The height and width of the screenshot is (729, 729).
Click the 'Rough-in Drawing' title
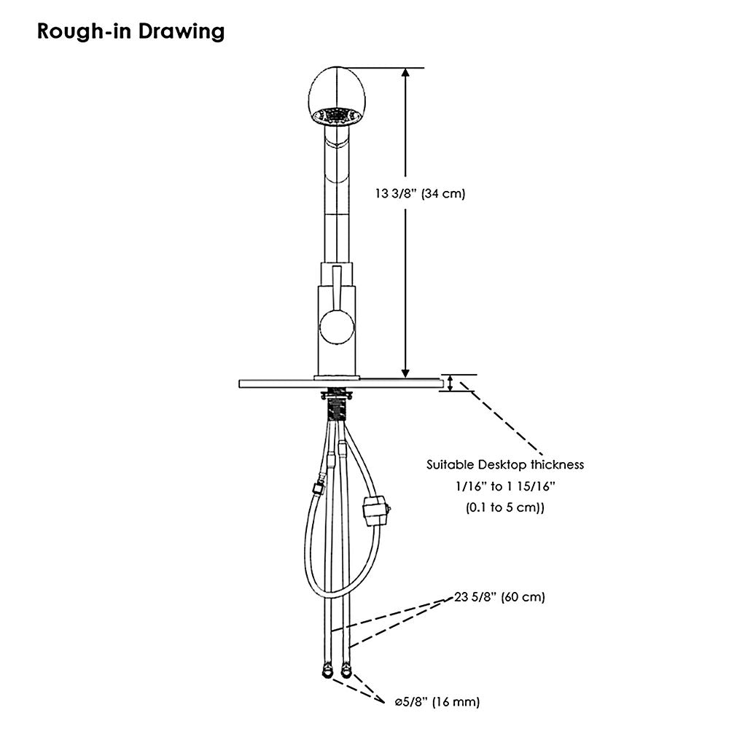(x=130, y=33)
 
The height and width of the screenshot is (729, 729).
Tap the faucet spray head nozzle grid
(x=336, y=115)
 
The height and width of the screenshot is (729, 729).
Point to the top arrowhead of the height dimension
(x=406, y=74)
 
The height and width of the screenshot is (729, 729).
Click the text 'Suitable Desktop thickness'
(x=505, y=464)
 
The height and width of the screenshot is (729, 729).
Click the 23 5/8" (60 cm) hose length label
(x=499, y=597)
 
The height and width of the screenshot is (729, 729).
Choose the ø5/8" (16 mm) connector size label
(x=437, y=703)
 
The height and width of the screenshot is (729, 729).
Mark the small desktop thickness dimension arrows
(x=451, y=383)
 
